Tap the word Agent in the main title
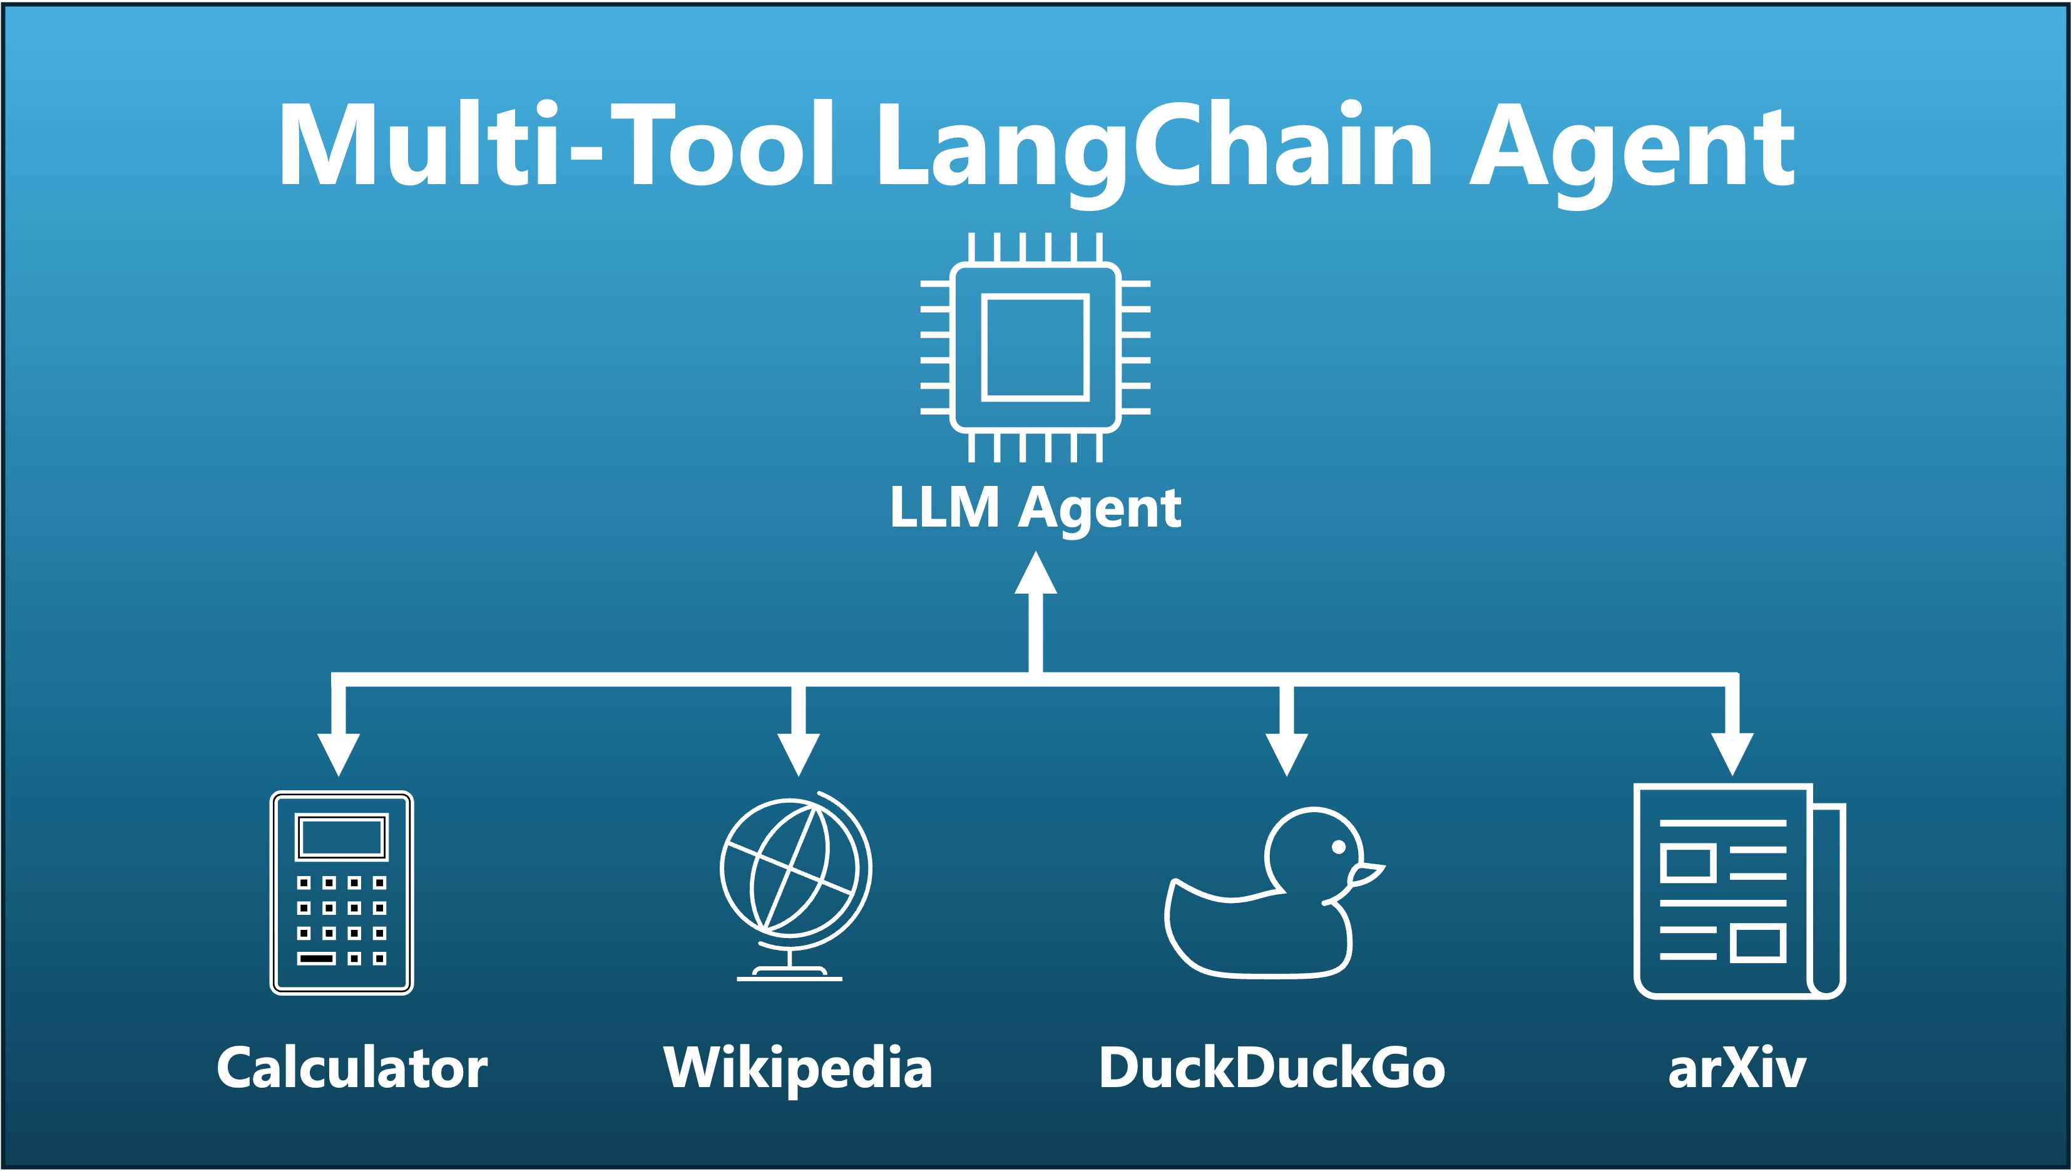point(1632,149)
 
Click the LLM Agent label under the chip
point(1035,508)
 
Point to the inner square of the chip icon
point(1035,348)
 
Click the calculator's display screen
point(342,837)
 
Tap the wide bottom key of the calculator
point(317,959)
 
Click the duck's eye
point(1339,846)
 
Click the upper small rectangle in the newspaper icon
point(1687,864)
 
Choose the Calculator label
point(352,1069)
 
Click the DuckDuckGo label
point(1272,1069)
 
